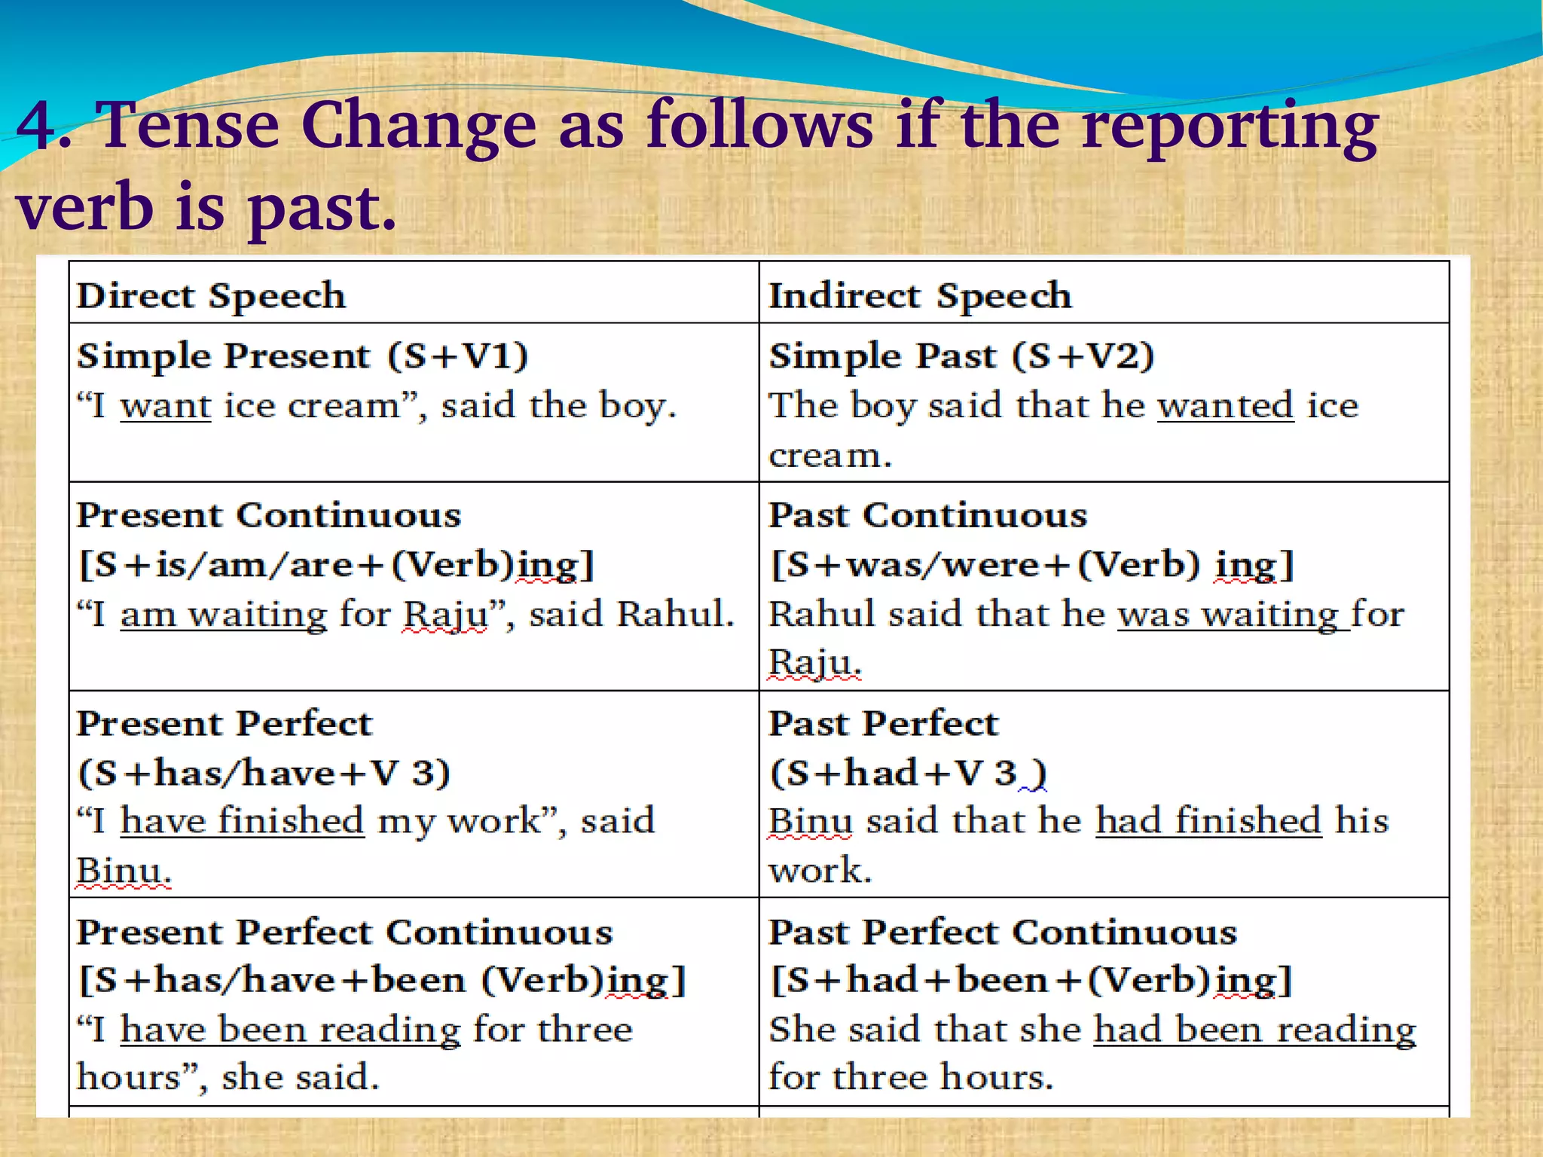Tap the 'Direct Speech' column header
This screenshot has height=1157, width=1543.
(x=211, y=295)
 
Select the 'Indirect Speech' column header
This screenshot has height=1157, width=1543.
(x=919, y=295)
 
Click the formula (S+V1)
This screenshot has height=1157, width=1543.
(x=457, y=356)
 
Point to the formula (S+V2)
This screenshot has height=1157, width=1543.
(x=1083, y=356)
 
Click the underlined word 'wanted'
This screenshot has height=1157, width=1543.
(x=1225, y=405)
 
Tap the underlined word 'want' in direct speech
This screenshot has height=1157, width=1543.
(x=165, y=405)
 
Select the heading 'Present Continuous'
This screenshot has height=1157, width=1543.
(x=269, y=515)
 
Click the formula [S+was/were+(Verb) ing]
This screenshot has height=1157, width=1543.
(x=1031, y=564)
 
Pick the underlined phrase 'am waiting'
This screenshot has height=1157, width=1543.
(x=223, y=614)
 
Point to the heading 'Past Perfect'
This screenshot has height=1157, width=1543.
(x=883, y=723)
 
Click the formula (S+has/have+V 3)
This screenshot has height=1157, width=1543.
(x=264, y=773)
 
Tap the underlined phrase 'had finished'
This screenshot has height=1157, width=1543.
(x=1208, y=820)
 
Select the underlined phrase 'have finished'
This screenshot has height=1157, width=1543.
(x=242, y=820)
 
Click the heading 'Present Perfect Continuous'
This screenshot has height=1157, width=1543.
(x=345, y=932)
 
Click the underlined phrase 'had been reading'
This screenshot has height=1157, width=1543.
(x=1254, y=1029)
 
